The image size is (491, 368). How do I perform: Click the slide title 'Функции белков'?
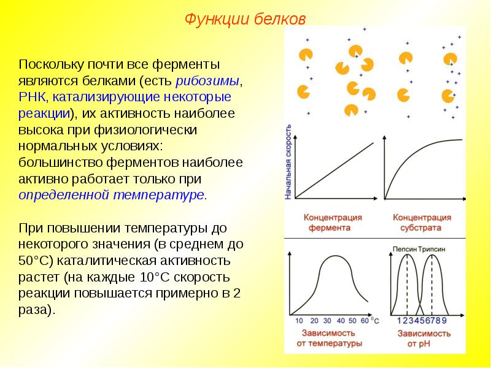245,19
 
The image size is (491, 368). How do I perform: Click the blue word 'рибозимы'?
207,81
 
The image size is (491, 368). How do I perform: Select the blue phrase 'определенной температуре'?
111,194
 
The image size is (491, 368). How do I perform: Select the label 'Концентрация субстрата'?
422,223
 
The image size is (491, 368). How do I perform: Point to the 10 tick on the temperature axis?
299,321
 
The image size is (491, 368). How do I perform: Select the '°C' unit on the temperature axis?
376,321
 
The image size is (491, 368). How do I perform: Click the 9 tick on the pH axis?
444,321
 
